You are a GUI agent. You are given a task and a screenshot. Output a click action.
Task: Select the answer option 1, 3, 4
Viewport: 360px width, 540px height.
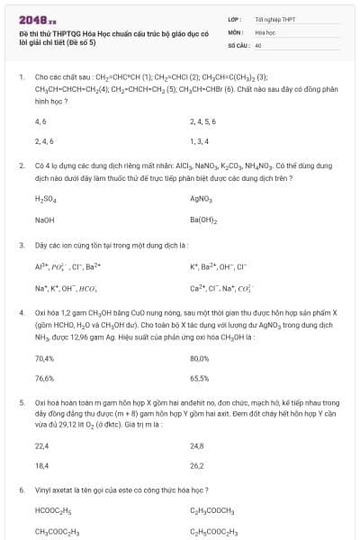coord(199,141)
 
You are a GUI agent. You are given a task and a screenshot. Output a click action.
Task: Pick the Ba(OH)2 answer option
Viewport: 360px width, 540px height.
coord(203,220)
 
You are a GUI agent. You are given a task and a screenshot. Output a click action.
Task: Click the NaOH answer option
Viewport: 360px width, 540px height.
coord(44,220)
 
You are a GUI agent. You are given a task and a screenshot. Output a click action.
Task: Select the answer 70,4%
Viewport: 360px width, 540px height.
coord(44,357)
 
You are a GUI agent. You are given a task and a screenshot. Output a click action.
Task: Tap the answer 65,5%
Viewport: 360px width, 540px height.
coord(200,379)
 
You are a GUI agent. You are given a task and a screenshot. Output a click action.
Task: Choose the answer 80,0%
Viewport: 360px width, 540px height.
coord(200,357)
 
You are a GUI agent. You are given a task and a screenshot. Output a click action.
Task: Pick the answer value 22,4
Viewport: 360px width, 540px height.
coord(41,445)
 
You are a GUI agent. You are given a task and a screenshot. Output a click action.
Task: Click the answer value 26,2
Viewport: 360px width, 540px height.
coord(197,466)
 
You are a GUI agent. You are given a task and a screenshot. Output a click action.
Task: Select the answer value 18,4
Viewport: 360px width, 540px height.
coord(41,466)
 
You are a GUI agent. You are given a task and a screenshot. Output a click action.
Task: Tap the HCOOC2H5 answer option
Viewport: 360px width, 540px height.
coord(51,510)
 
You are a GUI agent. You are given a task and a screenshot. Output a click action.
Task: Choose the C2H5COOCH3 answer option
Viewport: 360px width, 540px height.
coord(211,510)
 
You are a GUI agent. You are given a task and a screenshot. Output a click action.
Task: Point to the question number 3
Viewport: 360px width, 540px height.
coord(21,245)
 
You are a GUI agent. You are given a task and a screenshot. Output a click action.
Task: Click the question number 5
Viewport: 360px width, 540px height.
coord(21,403)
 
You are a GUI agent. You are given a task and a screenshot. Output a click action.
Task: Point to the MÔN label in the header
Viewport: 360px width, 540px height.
coord(235,31)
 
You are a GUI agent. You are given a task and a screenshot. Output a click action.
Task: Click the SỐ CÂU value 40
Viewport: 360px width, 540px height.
coord(258,44)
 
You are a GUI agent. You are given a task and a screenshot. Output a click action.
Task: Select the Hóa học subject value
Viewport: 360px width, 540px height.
coord(265,31)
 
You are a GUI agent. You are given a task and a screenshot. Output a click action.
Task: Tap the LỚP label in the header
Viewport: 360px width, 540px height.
coord(234,18)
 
